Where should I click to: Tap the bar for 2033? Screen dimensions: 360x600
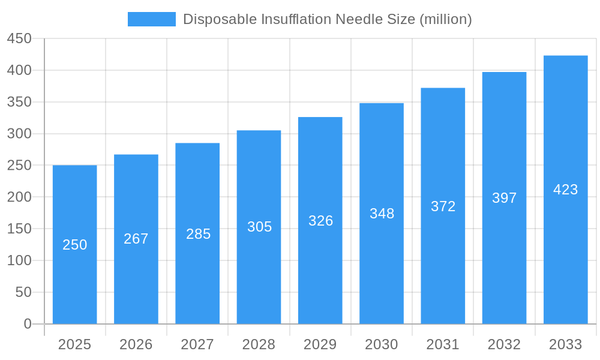click(565, 240)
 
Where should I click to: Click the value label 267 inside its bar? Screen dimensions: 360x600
click(136, 239)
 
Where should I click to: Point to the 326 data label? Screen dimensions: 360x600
click(320, 221)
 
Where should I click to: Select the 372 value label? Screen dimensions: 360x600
click(443, 206)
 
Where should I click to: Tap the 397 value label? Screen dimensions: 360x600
click(505, 198)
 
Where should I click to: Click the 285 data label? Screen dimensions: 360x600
click(198, 234)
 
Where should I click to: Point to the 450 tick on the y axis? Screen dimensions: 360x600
click(19, 39)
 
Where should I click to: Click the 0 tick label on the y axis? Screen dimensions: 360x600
click(28, 324)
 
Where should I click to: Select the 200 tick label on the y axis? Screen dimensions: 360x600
click(19, 197)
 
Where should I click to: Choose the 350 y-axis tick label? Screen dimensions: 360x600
click(19, 102)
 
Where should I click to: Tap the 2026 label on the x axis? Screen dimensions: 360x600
click(136, 344)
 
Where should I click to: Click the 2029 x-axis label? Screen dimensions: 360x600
click(320, 344)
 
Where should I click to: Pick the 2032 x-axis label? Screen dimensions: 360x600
click(505, 344)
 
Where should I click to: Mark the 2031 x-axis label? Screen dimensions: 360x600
click(443, 344)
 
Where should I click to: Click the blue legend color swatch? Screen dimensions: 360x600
click(152, 19)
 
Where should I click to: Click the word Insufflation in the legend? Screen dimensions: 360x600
click(296, 19)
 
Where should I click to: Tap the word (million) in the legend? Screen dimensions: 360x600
click(446, 19)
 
